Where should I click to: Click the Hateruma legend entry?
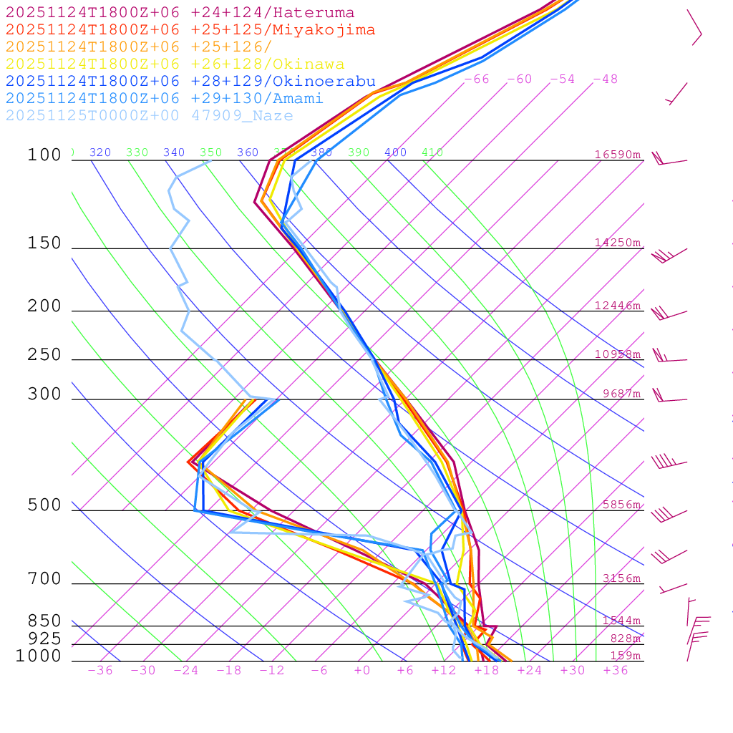tap(180, 13)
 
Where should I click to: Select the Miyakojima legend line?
tap(190, 30)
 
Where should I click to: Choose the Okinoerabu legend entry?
tap(190, 81)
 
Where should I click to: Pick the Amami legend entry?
tap(164, 98)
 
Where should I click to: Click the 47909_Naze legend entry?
tap(149, 115)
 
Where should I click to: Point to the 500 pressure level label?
tap(44, 505)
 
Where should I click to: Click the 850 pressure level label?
tap(44, 621)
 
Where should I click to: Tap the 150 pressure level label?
tap(44, 243)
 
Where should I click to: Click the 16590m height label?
tap(617, 155)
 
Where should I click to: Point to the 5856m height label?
tap(621, 505)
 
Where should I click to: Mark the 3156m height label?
tap(621, 578)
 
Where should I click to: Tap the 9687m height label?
tap(621, 394)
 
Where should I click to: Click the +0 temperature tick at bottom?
tap(362, 671)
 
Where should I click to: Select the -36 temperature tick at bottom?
tap(99, 671)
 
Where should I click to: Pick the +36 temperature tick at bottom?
tap(615, 671)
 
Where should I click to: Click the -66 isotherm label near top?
tap(477, 79)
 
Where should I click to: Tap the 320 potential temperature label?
tap(100, 152)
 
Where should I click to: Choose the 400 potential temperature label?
tap(395, 152)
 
